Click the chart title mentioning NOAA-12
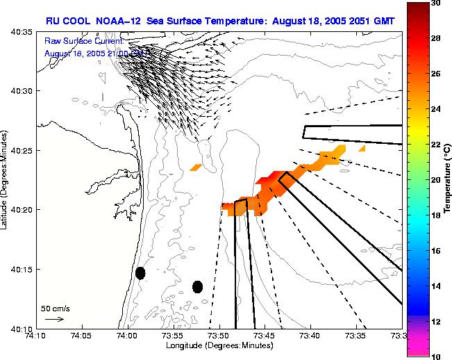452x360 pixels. pos(220,21)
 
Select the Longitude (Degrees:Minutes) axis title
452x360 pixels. pos(219,345)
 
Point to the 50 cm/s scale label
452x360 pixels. pos(54,308)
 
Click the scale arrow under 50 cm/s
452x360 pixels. pos(54,319)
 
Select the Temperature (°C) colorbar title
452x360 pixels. pos(449,180)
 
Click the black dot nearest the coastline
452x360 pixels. pos(140,273)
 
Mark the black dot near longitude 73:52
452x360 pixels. pos(197,286)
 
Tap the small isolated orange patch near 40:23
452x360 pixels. pos(196,167)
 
